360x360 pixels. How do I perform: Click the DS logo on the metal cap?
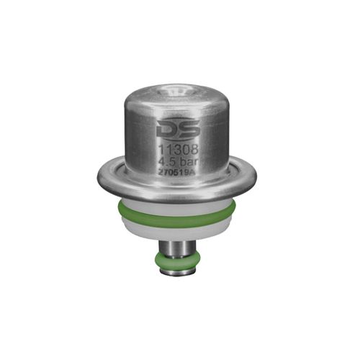tap(173, 130)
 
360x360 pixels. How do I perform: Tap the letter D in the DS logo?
tap(165, 130)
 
